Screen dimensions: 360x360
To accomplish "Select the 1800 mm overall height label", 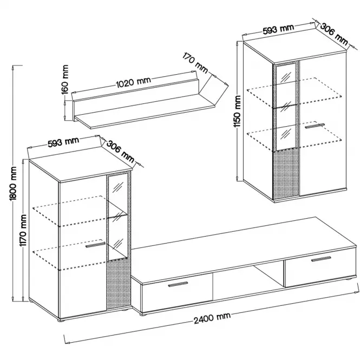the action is click(14, 184).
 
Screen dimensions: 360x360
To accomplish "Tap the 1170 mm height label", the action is click(23, 230).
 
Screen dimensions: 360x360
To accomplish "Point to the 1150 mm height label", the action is click(237, 112).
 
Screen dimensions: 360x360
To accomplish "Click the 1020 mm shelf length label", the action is click(134, 82).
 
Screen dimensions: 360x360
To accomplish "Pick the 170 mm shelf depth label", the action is click(195, 63).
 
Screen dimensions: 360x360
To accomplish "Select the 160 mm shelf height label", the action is click(65, 80).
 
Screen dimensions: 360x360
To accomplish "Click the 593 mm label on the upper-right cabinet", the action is click(278, 29).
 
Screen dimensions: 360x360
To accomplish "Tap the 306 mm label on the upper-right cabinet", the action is click(334, 34).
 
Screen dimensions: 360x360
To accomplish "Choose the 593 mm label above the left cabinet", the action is click(63, 142).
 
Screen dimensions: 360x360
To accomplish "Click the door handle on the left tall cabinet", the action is click(95, 245).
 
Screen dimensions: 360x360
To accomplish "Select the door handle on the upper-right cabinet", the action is click(315, 126).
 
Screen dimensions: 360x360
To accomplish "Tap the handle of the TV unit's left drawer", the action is click(178, 284).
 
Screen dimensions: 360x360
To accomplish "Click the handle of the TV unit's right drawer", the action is click(321, 259).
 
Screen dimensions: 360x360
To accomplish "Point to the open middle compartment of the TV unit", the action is click(248, 282).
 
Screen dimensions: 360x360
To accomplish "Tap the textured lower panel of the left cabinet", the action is click(119, 284).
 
